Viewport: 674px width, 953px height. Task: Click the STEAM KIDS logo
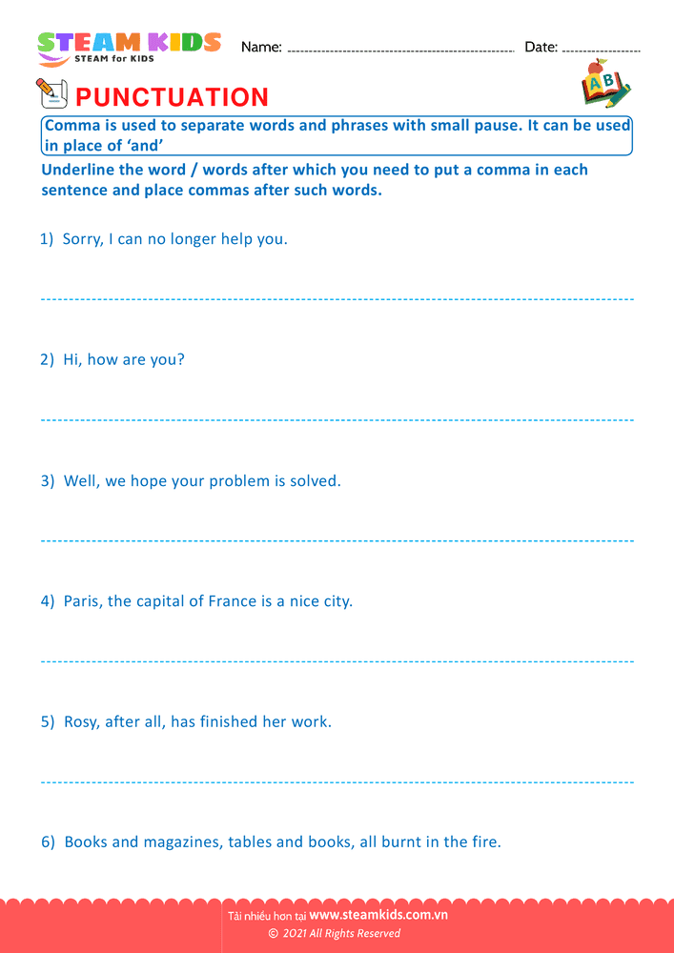point(129,47)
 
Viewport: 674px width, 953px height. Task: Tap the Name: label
point(261,47)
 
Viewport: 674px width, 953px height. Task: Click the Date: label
point(541,47)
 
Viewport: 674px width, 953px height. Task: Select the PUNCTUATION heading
point(172,97)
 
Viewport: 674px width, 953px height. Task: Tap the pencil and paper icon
point(51,93)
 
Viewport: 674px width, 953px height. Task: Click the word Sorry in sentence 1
point(82,239)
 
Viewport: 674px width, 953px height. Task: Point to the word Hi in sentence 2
point(71,360)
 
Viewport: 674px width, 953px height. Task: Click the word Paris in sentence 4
point(84,601)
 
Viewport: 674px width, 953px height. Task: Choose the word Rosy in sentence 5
point(83,722)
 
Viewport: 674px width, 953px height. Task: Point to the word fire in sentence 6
point(483,842)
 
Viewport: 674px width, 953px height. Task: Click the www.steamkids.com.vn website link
point(378,915)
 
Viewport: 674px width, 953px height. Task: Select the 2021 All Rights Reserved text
point(340,933)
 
